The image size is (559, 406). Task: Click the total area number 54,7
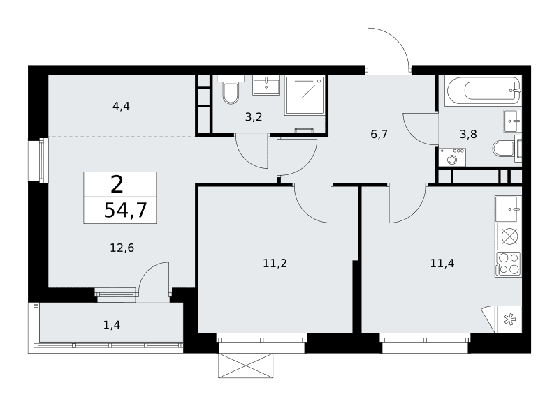126,210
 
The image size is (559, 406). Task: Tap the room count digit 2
117,185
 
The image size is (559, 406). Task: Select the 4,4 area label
121,106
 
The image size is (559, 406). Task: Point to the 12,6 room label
122,248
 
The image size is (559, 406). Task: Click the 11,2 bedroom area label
275,263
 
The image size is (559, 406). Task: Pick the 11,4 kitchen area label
442,263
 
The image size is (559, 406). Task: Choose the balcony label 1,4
112,324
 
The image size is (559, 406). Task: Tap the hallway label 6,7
379,134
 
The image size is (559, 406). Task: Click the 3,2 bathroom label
254,116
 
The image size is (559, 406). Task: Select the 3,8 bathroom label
468,134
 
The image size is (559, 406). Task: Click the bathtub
483,91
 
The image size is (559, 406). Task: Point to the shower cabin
305,96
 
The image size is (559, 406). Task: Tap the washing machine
452,157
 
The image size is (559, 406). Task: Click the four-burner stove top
509,264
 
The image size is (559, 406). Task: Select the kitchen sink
509,209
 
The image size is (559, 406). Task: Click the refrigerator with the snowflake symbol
509,319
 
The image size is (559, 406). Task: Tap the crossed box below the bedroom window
246,366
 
